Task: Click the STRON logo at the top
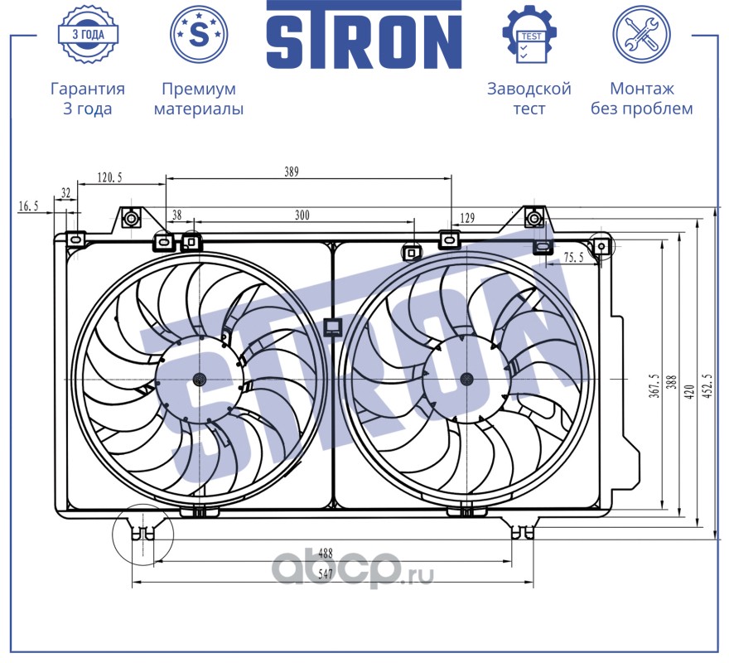pos(363,36)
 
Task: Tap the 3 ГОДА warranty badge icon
pos(87,34)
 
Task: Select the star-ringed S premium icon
pos(198,34)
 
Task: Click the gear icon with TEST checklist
pos(529,34)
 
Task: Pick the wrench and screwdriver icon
pos(640,34)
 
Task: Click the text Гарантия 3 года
pos(88,99)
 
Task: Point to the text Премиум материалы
pos(199,99)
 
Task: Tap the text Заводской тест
pos(529,99)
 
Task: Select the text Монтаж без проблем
pos(641,99)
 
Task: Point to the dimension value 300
pos(302,215)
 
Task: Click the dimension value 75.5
pos(573,258)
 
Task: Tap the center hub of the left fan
pos(199,379)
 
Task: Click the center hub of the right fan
pos(466,379)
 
